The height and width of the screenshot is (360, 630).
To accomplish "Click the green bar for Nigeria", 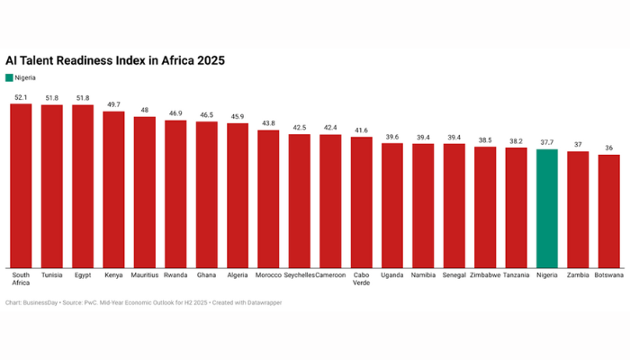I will point(547,209).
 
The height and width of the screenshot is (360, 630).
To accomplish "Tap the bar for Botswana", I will point(609,211).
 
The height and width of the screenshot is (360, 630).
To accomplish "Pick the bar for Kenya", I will point(113,189).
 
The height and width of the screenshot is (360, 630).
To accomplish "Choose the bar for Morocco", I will point(268,199).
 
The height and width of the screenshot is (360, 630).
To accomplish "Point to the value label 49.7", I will point(113,104).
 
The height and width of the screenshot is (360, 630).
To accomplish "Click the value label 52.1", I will point(21,97).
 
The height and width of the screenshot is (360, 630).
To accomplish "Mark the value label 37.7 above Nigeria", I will point(547,142).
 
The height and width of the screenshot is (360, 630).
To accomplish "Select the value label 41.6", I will point(361,130).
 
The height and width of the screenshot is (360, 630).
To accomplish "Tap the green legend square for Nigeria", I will point(10,78).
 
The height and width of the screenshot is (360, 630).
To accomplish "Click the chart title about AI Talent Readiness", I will point(115,60).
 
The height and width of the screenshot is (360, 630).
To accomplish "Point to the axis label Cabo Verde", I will point(361,279).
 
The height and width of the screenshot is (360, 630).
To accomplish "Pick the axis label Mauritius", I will point(144,274).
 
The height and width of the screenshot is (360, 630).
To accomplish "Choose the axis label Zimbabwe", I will point(485,274).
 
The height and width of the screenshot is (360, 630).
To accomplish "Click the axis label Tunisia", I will point(51,274).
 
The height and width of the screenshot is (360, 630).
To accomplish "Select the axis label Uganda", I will point(391,274).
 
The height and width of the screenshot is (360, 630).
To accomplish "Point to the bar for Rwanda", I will point(175,193).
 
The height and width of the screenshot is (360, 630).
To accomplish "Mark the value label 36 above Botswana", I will point(609,148).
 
